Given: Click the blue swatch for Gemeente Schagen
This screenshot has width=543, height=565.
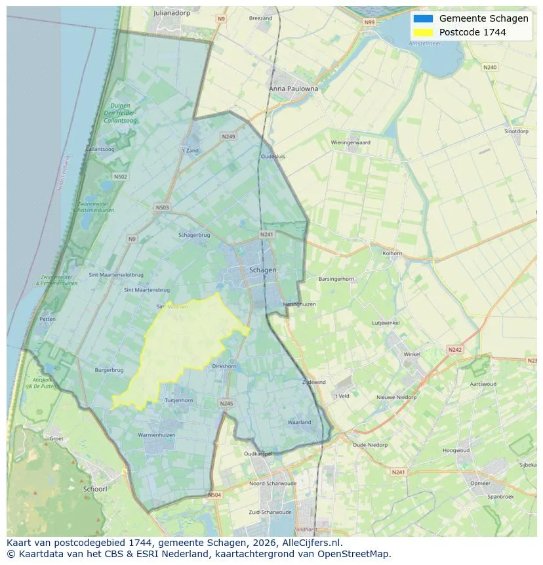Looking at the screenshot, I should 423,18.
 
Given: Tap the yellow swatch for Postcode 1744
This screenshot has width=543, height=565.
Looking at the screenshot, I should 423,32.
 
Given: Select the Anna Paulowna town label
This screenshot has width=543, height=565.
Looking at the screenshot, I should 293,89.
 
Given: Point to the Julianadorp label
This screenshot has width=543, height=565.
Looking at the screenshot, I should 171,12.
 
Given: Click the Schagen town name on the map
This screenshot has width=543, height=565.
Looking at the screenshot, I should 262,270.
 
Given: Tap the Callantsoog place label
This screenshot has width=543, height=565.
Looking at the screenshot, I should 100,150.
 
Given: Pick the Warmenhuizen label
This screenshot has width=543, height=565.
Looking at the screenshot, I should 155,435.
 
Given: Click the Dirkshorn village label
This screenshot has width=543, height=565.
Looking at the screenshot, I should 224,366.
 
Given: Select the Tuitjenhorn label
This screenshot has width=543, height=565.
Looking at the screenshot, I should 178,400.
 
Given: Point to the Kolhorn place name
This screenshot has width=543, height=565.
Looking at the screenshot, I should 392,253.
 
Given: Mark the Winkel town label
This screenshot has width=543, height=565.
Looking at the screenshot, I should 412,354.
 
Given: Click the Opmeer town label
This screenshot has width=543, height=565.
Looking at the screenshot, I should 480,484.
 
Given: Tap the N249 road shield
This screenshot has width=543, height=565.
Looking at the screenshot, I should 228,136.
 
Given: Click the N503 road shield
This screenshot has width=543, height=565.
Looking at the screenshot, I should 162,208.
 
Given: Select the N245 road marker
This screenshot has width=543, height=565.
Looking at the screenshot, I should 226,404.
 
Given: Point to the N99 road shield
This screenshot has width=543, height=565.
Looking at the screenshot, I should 370,22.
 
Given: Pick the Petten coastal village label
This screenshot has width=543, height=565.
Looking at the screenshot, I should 47,319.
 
